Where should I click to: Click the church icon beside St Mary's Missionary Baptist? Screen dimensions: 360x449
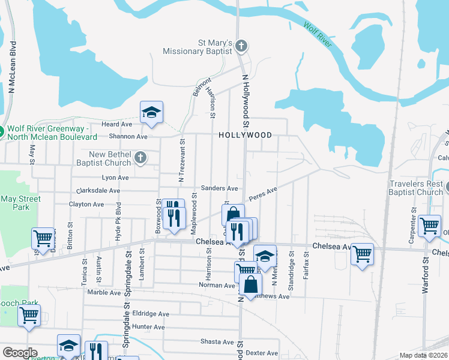point(241,46)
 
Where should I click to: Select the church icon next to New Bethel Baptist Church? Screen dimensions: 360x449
point(140,158)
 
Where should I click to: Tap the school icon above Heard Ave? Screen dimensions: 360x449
point(152,112)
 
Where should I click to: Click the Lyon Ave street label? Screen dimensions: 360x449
point(115,178)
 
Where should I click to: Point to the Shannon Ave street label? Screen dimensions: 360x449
point(124,137)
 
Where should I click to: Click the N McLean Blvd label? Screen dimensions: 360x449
point(12,66)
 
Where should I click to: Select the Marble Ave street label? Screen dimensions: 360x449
point(104,292)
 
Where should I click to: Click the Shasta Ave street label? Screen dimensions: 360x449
point(217,341)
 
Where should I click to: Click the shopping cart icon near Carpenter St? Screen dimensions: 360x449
point(429,226)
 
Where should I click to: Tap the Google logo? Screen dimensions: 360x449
point(20,353)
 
